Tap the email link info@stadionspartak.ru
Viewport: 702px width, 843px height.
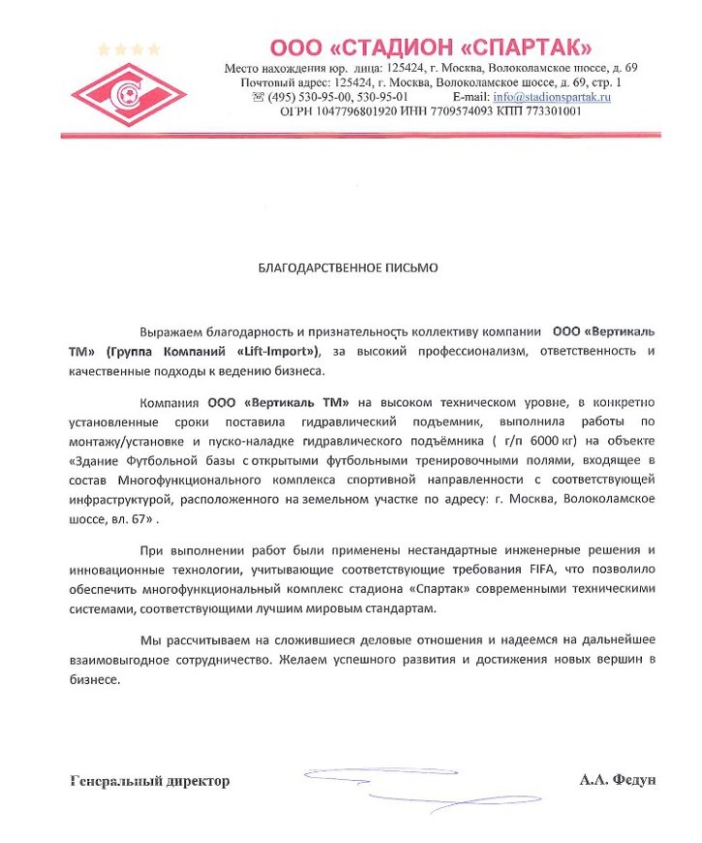[552, 97]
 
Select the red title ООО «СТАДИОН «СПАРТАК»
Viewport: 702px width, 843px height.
[431, 47]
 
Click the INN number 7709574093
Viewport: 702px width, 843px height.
[453, 111]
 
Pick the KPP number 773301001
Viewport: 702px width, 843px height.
[548, 111]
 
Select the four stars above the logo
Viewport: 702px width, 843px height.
[128, 48]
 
